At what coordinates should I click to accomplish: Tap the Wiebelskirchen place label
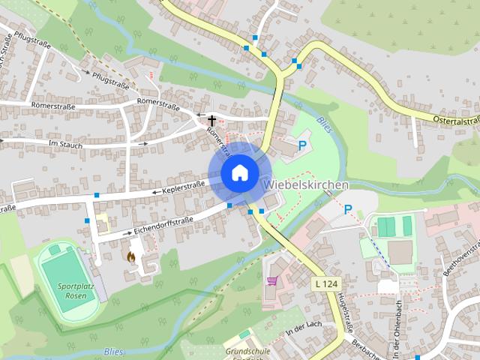[305, 184]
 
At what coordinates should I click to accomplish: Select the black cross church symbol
[211, 119]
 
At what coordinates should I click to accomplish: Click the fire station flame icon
[131, 256]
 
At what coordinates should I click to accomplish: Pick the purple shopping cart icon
[271, 280]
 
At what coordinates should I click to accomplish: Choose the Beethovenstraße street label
[462, 250]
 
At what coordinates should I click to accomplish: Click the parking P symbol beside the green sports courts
[347, 210]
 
